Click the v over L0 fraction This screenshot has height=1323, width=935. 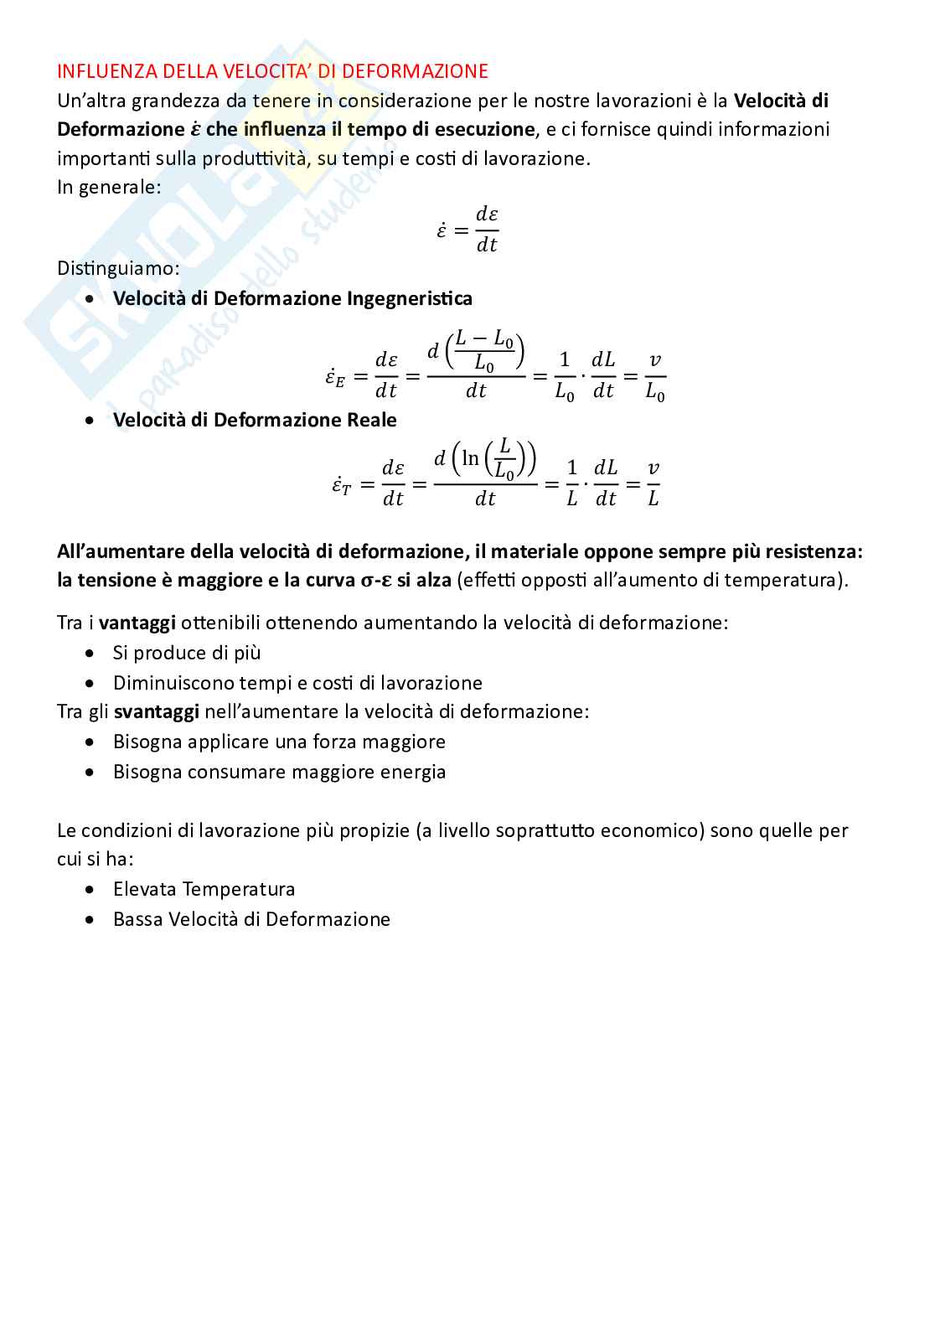655,376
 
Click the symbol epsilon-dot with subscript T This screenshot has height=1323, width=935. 341,485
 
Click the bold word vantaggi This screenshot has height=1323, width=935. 137,623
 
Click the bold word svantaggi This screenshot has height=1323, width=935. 157,712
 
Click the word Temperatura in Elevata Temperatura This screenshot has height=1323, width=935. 239,889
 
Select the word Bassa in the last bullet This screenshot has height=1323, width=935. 138,919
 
